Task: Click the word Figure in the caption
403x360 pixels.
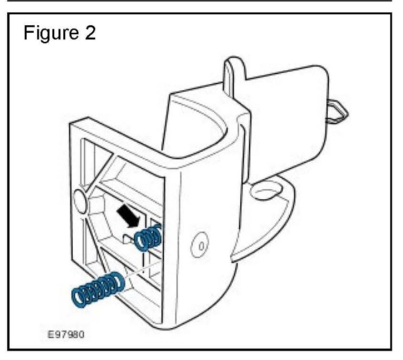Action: click(x=52, y=34)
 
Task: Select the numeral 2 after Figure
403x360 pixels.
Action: click(x=89, y=34)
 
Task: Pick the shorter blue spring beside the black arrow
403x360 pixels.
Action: click(x=148, y=236)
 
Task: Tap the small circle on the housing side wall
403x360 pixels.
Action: click(x=200, y=246)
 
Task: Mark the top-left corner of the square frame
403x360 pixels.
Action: click(x=73, y=125)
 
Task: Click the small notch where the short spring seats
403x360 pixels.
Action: click(x=129, y=236)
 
